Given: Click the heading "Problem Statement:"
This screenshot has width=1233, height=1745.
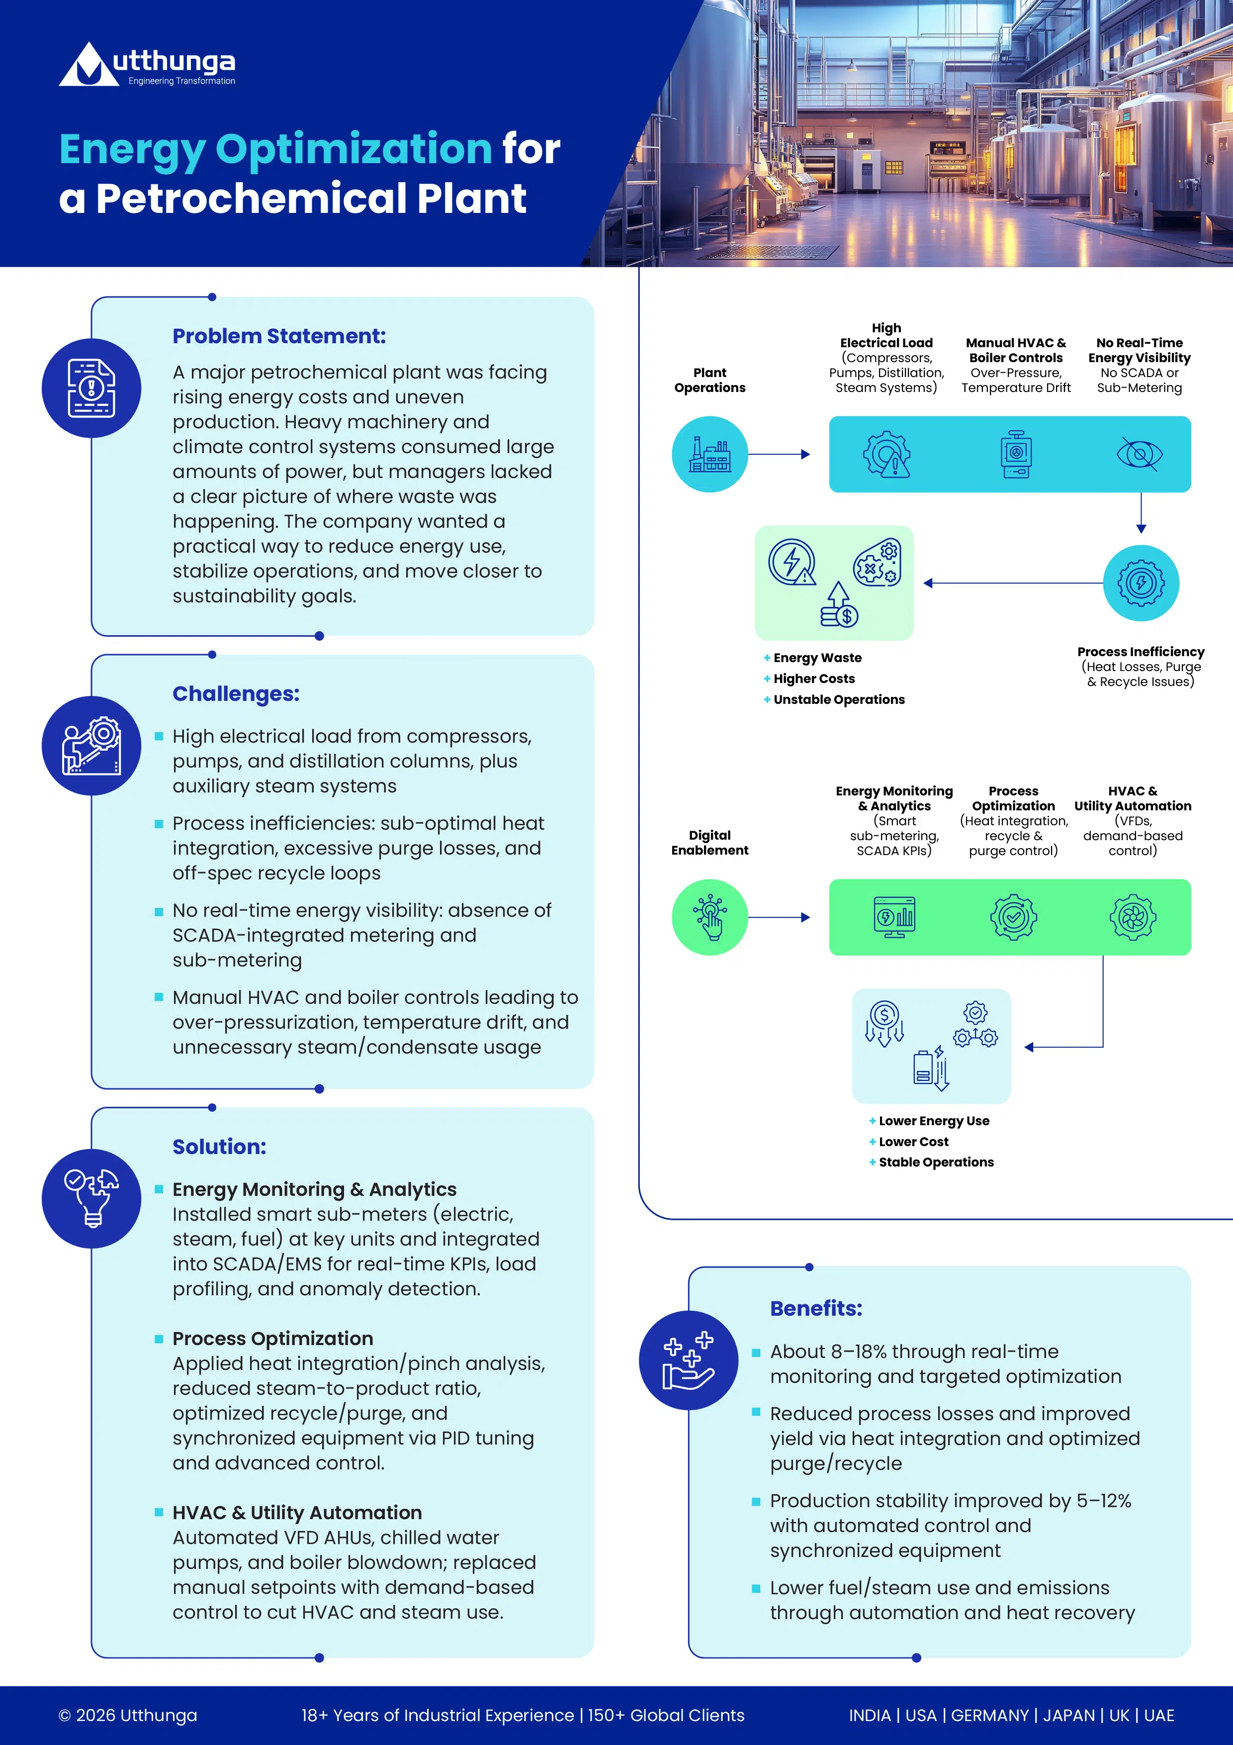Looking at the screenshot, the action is click(279, 336).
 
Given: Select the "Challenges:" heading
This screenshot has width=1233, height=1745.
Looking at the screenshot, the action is click(236, 694).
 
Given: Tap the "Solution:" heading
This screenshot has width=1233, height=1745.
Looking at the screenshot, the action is click(220, 1147).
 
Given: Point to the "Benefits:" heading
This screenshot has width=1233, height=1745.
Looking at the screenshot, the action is click(816, 1309).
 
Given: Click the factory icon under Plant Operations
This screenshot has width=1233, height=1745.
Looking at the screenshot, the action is click(709, 455).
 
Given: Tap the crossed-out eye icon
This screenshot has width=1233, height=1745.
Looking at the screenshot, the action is click(1140, 455).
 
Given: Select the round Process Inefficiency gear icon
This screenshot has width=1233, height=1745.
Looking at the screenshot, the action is click(1141, 583).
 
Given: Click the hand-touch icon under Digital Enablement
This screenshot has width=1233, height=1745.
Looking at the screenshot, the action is click(709, 917).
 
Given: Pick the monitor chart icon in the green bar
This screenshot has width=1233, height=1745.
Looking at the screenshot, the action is click(894, 917).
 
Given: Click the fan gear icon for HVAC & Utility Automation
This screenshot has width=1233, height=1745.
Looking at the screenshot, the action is click(1133, 917).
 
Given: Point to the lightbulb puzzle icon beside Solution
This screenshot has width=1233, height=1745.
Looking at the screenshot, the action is click(91, 1198).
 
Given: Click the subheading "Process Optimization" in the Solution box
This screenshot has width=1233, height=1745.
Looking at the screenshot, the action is click(273, 1339).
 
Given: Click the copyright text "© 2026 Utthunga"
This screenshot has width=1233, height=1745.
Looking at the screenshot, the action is click(128, 1715).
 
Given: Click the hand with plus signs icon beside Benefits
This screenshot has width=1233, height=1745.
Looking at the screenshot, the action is click(688, 1360).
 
